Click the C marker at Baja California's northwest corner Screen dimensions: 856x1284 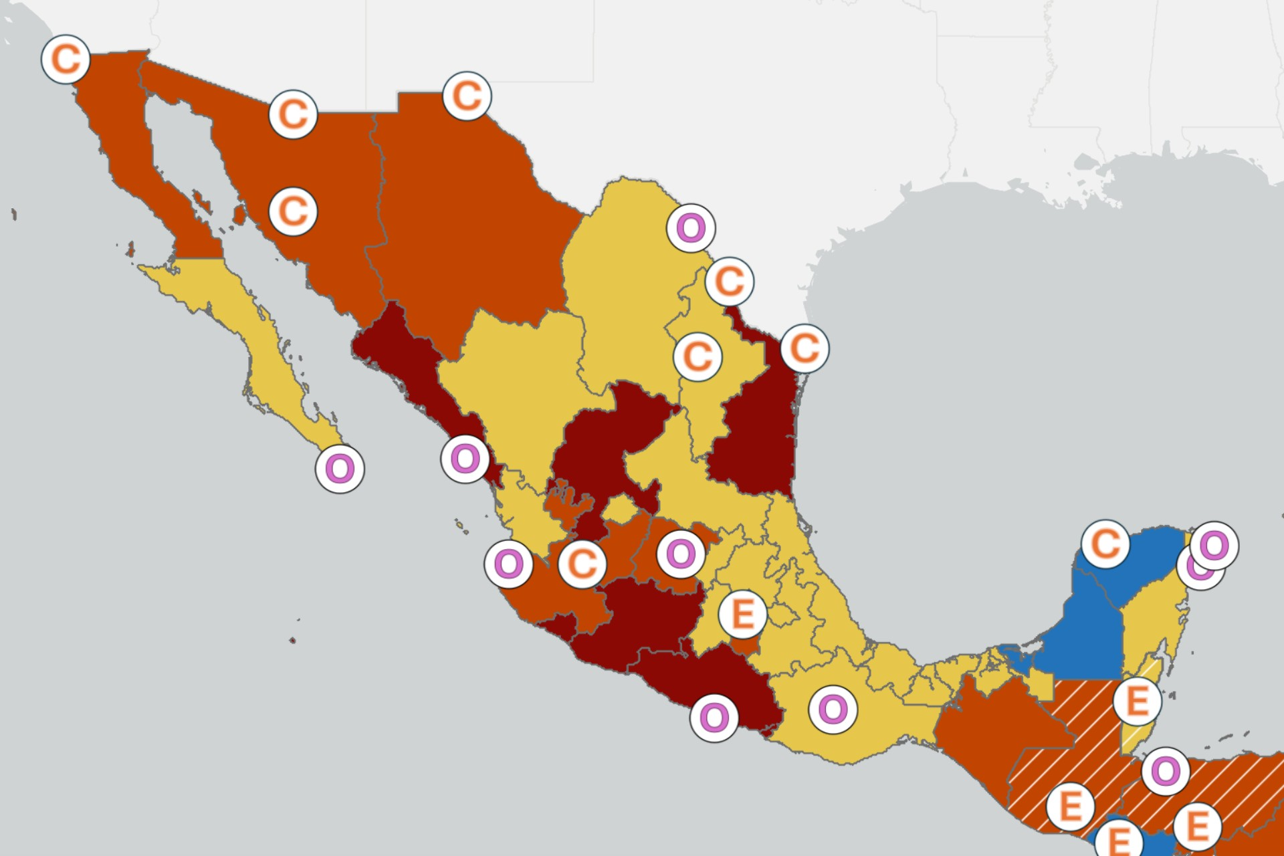click(66, 59)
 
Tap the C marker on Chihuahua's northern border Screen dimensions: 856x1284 click(467, 96)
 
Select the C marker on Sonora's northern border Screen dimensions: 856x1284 click(293, 114)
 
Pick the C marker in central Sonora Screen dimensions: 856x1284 click(293, 211)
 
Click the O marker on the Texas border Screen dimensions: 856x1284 click(691, 228)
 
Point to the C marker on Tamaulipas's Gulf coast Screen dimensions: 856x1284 click(805, 348)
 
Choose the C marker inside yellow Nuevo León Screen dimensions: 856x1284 click(698, 356)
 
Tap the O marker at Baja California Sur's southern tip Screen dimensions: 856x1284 click(340, 469)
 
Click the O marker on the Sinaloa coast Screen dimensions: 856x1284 click(465, 459)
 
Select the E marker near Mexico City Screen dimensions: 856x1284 click(742, 614)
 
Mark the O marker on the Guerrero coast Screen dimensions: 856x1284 click(714, 718)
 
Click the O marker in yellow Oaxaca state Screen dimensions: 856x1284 click(833, 709)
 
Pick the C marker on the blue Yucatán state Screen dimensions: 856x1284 click(1105, 544)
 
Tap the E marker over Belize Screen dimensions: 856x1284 click(1137, 701)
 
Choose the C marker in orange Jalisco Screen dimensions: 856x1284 click(582, 564)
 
